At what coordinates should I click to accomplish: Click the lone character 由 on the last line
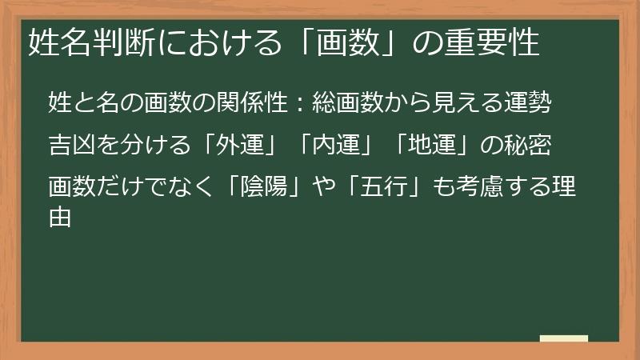60,218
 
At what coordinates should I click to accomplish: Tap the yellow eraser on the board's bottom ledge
563,338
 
